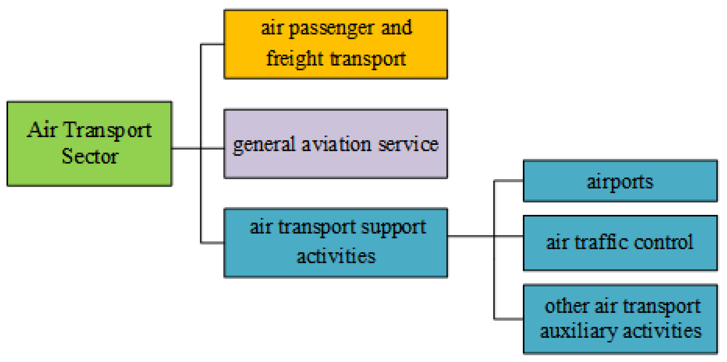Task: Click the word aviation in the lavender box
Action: pyautogui.click(x=336, y=144)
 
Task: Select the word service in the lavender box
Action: pyautogui.click(x=408, y=144)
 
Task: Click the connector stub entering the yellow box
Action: pyautogui.click(x=212, y=44)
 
